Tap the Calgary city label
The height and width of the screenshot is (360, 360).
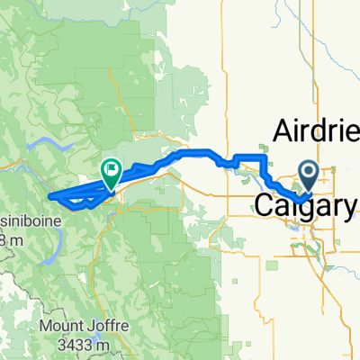[x=305, y=206]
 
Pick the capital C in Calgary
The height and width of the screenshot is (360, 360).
[x=265, y=206]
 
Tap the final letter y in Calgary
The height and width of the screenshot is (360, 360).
[x=346, y=208]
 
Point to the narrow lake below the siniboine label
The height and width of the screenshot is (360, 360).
[x=55, y=239]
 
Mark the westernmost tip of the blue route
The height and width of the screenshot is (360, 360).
[x=50, y=195]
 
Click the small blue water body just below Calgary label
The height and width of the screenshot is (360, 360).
[x=294, y=226]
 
